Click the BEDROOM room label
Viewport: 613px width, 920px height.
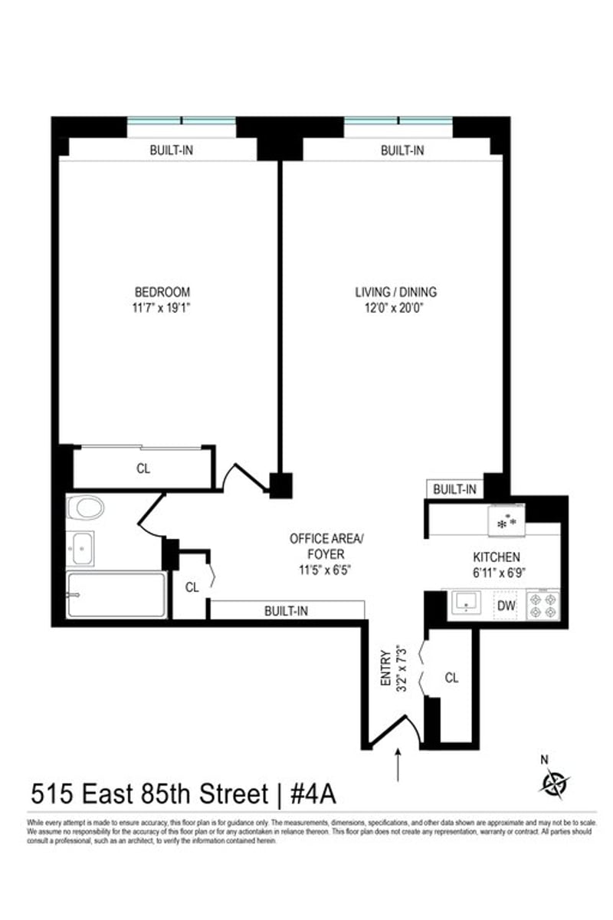[x=162, y=292]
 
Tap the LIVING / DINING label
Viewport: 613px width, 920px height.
[x=395, y=292]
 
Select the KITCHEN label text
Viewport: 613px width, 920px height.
[x=497, y=557]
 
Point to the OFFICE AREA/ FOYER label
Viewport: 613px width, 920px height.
[x=327, y=546]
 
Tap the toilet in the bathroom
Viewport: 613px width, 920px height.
[x=85, y=507]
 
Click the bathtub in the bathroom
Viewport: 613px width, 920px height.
[x=116, y=594]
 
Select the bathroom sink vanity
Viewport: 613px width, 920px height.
[x=80, y=547]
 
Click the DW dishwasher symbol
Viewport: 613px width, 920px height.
[x=506, y=606]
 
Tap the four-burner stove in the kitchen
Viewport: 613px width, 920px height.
[x=543, y=604]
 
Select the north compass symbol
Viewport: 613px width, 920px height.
[x=554, y=782]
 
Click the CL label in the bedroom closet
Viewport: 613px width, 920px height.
[x=143, y=468]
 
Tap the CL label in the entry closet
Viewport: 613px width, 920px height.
[x=452, y=678]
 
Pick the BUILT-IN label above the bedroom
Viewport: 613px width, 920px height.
[x=171, y=150]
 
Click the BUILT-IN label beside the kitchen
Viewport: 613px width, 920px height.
[x=454, y=489]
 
